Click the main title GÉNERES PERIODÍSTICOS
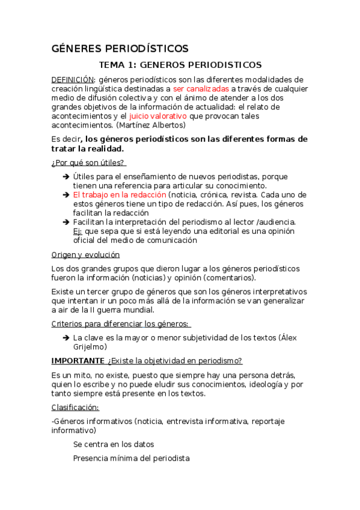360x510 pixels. point(120,48)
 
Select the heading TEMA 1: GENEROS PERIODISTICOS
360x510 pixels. point(180,64)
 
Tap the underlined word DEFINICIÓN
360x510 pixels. point(72,79)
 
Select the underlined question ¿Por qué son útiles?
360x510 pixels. point(88,162)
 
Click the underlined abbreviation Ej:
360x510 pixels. point(78,231)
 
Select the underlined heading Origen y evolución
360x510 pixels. point(85,254)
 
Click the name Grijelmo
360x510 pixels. point(90,347)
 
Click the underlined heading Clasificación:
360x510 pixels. point(75,407)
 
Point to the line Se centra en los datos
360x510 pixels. point(114,444)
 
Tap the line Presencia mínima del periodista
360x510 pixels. point(131,458)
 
